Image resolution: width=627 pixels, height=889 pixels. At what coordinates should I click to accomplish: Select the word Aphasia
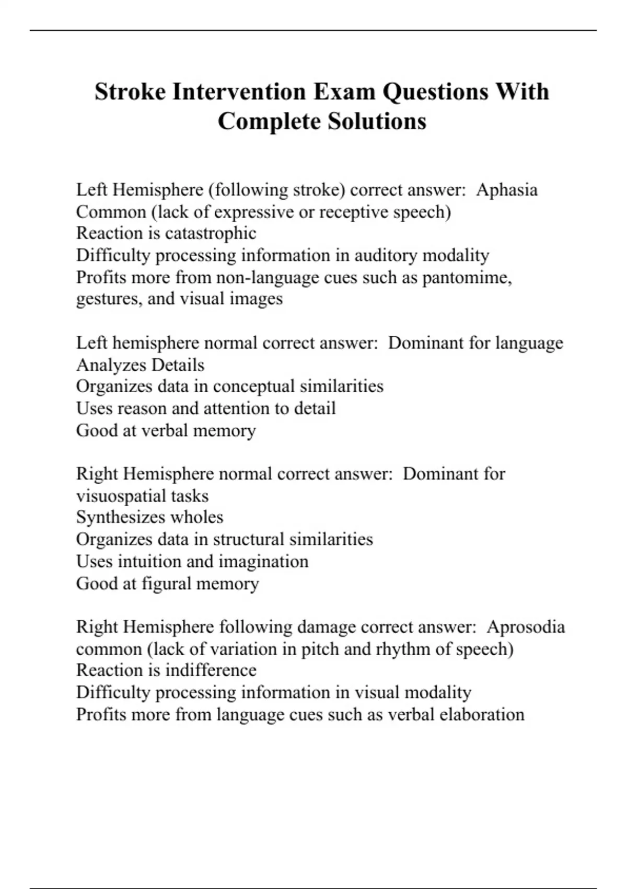(x=506, y=190)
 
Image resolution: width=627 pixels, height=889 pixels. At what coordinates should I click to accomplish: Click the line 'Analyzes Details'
(x=140, y=365)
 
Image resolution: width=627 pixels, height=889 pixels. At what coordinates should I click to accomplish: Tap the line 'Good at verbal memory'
(x=166, y=430)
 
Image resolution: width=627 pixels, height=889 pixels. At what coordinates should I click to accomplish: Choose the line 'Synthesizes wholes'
(x=149, y=517)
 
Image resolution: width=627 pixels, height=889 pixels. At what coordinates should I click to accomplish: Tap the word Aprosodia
(x=525, y=627)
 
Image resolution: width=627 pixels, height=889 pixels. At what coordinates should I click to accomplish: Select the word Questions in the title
(x=435, y=92)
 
